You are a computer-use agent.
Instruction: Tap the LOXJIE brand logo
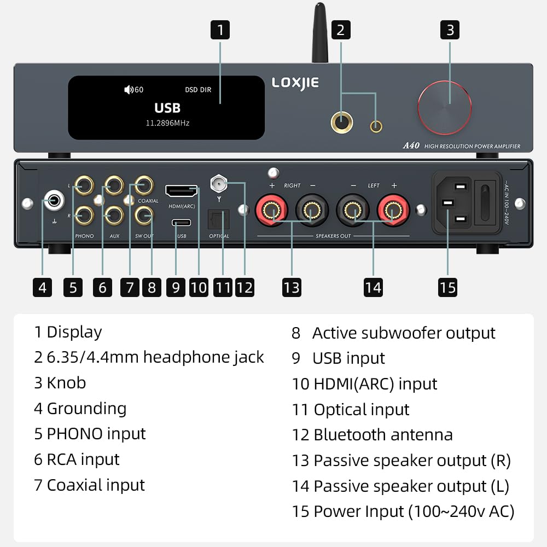[x=295, y=83]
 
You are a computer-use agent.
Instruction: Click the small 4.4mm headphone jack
[x=376, y=126]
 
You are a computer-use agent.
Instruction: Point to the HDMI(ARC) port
[x=182, y=191]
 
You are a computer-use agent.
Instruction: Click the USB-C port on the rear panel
[x=182, y=223]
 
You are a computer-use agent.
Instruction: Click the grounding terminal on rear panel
[x=55, y=201]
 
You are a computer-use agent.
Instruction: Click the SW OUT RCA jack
[x=144, y=217]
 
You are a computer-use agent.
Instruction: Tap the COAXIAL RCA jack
[x=144, y=187]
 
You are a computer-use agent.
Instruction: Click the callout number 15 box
[x=447, y=287]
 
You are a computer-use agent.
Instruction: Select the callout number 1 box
[x=220, y=30]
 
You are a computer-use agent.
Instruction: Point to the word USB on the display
[x=167, y=108]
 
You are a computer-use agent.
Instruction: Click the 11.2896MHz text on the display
[x=167, y=124]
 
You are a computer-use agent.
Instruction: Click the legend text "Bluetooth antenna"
[x=382, y=435]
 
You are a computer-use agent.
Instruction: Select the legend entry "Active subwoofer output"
[x=403, y=333]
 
